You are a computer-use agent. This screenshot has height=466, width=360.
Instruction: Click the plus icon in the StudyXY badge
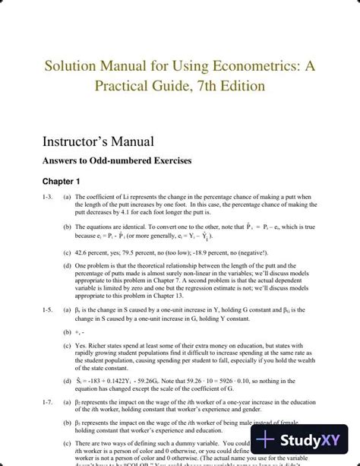pos(265,439)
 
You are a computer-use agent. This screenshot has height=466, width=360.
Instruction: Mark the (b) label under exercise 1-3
pos(68,226)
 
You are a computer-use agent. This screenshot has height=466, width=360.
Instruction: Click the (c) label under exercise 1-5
pos(68,345)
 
